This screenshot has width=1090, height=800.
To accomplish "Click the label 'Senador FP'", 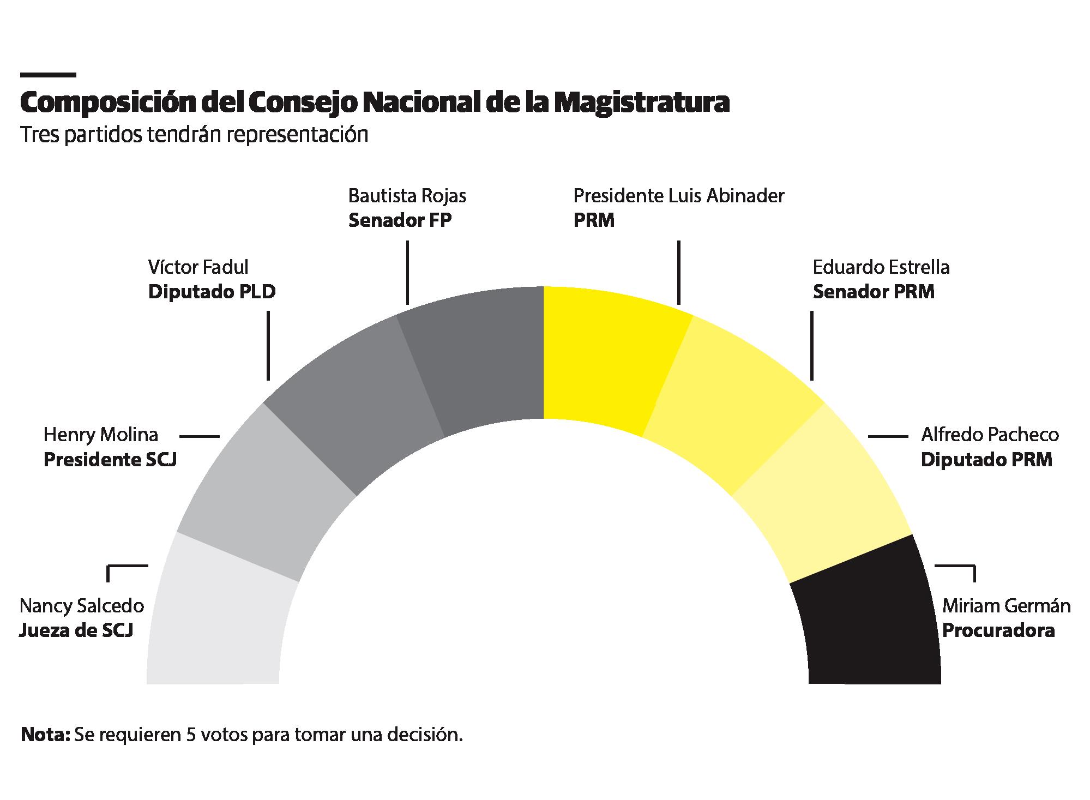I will point(400,221).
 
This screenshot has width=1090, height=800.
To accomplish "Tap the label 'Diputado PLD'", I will point(212,292).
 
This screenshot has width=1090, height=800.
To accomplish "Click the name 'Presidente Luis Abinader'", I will point(678,196).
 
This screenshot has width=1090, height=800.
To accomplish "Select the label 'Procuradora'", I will point(998,631).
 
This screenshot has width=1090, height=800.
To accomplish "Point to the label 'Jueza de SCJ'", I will point(76,631).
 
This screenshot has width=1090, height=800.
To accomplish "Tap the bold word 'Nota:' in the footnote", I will point(45,735).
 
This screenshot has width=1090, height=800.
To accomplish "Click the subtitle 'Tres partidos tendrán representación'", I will point(194,135).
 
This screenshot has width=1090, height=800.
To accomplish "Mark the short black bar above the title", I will point(47,75).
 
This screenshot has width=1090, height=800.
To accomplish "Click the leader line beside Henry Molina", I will point(199,436).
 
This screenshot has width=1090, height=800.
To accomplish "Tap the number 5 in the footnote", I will point(191,735).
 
